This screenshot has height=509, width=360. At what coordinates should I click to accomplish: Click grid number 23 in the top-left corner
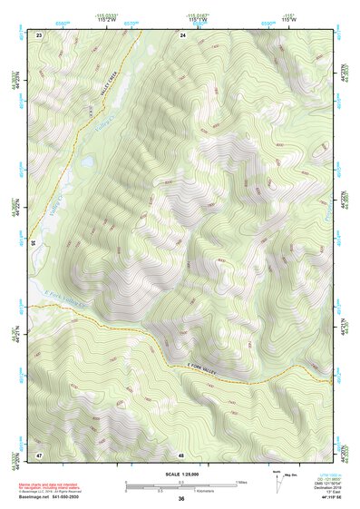click(39, 34)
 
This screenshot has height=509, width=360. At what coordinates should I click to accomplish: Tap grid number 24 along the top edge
click(182, 34)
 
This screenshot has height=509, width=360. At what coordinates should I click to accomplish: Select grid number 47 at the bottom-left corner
click(39, 454)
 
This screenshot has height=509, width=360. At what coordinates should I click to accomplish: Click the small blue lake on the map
click(86, 162)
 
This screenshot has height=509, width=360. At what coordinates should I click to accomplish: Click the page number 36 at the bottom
click(181, 499)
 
